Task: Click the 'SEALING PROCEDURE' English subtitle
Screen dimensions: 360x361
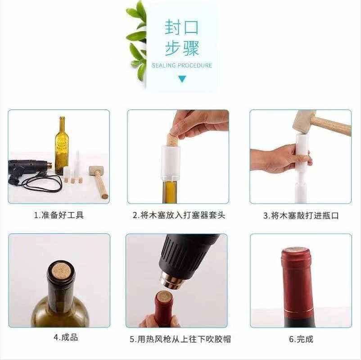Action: pos(182,65)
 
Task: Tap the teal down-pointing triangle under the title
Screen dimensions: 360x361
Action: pos(182,79)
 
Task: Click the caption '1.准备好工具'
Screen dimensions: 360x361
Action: pos(59,215)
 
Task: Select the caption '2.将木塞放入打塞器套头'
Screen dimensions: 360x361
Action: pos(179,215)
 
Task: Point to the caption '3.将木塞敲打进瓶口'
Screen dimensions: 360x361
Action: pos(301,215)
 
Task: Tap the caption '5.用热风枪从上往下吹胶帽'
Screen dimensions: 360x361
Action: pos(180,339)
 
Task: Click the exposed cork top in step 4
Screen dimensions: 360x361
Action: pos(61,270)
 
